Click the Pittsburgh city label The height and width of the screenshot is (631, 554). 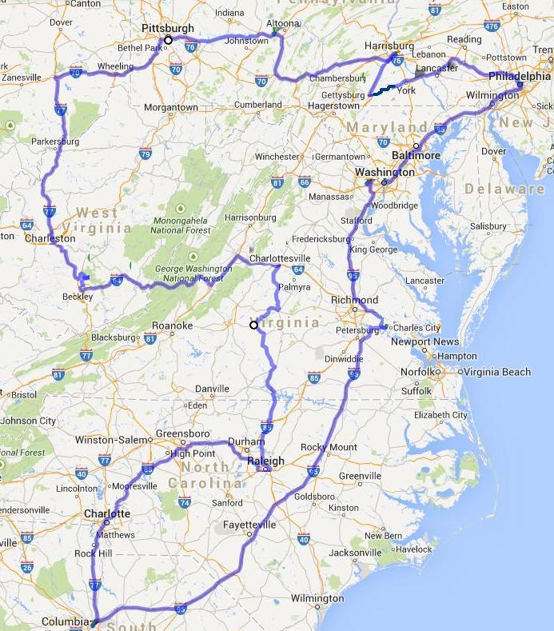(x=168, y=28)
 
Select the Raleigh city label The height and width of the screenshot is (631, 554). (x=266, y=461)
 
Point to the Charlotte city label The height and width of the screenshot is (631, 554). (x=106, y=513)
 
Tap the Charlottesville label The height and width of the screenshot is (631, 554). (x=280, y=259)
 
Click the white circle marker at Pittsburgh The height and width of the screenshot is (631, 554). (x=168, y=39)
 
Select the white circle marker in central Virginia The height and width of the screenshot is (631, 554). (x=253, y=325)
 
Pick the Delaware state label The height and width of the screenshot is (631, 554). (x=510, y=189)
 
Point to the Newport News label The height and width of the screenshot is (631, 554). (x=425, y=341)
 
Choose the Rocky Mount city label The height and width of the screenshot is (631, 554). (x=329, y=447)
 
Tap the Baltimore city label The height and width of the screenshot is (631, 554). (x=416, y=155)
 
